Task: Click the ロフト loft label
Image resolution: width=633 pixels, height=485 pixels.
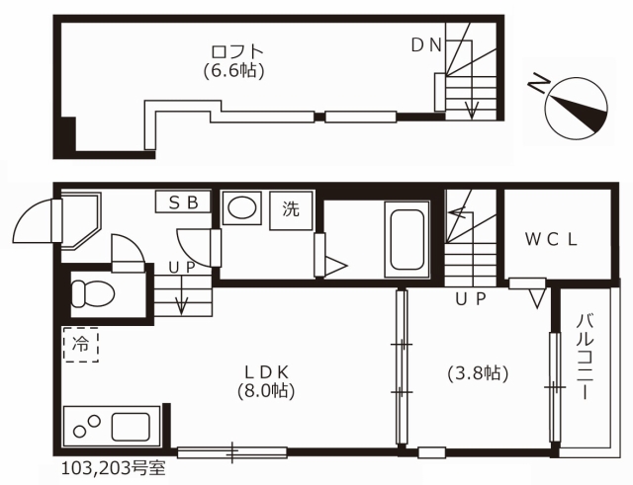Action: (237, 51)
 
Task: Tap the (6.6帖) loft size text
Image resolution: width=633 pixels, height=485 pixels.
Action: (234, 71)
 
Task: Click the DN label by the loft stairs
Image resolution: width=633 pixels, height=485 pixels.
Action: (426, 45)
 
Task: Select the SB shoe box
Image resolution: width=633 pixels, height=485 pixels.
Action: (183, 202)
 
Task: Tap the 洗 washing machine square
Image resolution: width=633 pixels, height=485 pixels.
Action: (291, 210)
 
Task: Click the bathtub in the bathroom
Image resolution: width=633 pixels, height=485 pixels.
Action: (407, 239)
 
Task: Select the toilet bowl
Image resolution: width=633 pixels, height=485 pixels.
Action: (92, 293)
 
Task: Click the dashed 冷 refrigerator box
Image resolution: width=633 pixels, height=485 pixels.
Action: (81, 345)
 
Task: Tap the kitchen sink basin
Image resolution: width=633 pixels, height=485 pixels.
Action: (131, 427)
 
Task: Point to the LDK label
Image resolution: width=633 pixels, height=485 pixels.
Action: (266, 372)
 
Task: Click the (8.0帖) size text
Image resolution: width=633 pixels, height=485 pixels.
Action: (266, 390)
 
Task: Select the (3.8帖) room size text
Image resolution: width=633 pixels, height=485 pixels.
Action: (478, 373)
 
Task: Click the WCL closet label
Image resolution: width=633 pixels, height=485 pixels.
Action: (551, 240)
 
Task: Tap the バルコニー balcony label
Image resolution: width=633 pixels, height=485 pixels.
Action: (586, 358)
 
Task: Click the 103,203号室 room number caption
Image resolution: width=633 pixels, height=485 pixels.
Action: (114, 469)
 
